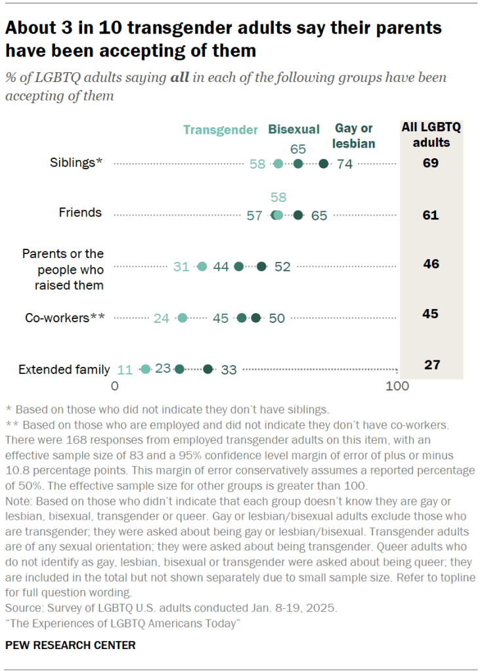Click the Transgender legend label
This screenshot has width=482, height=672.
[x=220, y=130]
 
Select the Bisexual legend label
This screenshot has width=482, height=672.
[x=294, y=129]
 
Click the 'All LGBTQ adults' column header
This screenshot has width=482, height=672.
[x=431, y=135]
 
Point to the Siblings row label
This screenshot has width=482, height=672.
[x=76, y=163]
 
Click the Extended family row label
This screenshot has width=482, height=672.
[x=64, y=369]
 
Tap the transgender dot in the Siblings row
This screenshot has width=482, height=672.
[x=278, y=163]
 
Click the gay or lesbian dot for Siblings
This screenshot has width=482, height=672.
[x=323, y=163]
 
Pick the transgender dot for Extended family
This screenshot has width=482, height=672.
[x=146, y=369]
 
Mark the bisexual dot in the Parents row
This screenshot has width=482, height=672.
[x=239, y=266]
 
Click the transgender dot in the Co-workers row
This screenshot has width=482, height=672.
[x=183, y=318]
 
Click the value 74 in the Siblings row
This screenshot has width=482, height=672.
[x=345, y=164]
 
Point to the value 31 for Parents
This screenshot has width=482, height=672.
[x=182, y=266]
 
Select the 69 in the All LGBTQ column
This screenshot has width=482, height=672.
[x=431, y=163]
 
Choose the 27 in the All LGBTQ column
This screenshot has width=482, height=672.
[x=431, y=365]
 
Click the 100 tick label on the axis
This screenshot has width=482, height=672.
[x=397, y=387]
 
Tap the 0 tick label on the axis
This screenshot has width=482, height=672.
[x=115, y=387]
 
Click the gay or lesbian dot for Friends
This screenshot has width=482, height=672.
[x=298, y=215]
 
